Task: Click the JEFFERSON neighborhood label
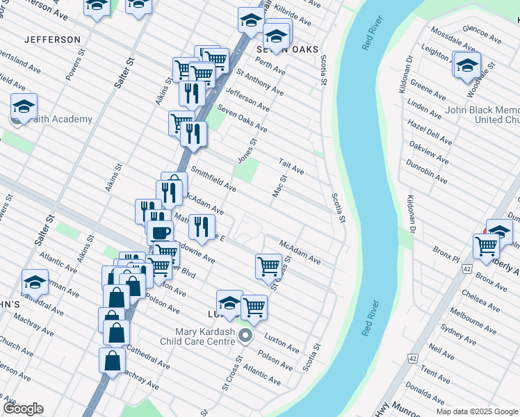pos(52,40)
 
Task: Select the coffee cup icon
pos(160,233)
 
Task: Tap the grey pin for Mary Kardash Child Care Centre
pos(245,336)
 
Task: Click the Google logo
pos(23,409)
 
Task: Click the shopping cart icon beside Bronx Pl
pos(486,245)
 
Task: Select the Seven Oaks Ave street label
pos(242,118)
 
